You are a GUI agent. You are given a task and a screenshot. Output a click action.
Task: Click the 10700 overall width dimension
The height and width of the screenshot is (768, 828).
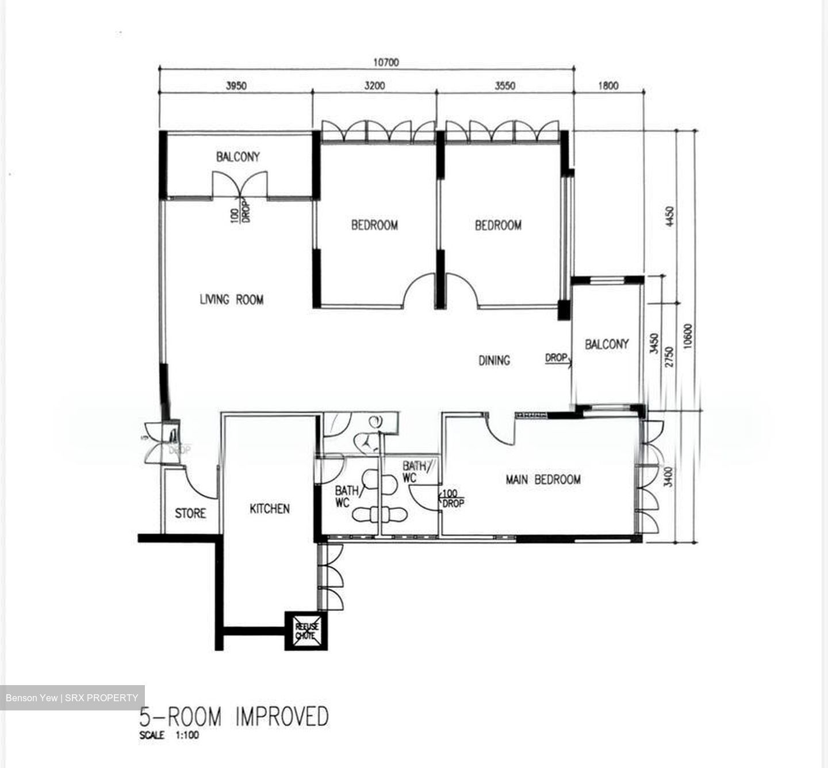(x=385, y=62)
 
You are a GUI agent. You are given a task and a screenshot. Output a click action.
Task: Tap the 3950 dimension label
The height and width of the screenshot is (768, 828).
(x=236, y=86)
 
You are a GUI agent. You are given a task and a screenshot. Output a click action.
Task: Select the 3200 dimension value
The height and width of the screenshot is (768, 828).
(x=374, y=86)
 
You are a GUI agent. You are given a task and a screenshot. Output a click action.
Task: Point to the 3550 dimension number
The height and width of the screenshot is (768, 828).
(x=505, y=86)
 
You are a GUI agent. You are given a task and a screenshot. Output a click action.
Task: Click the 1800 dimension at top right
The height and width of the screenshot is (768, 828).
(x=608, y=86)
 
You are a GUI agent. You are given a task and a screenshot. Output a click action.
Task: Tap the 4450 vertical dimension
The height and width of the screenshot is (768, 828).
(x=669, y=216)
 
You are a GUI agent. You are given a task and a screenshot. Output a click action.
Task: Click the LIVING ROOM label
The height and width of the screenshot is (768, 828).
(x=232, y=299)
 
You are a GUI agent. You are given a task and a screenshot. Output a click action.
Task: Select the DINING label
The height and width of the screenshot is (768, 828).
(x=494, y=360)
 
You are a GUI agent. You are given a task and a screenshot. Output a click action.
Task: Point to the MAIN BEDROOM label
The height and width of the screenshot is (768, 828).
(x=543, y=480)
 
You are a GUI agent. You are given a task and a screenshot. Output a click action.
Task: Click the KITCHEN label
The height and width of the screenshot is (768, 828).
(x=269, y=509)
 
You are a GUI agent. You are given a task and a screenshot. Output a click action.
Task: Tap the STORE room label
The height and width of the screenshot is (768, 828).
(x=190, y=513)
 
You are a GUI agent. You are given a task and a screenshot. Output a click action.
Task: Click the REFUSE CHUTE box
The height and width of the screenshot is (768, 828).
(x=306, y=631)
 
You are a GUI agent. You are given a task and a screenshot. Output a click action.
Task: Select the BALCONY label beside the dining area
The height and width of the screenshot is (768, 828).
(x=607, y=344)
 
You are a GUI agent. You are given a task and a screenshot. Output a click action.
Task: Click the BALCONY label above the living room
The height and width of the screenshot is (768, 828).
(x=237, y=157)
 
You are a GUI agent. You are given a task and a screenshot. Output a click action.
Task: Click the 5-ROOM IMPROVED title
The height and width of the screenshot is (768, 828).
(x=234, y=717)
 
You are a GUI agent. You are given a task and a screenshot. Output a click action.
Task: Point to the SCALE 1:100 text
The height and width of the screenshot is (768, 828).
(x=169, y=735)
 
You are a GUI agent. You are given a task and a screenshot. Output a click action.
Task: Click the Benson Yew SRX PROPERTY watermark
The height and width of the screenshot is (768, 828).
(x=72, y=698)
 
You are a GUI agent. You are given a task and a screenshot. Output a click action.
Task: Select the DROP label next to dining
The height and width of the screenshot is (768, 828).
(x=555, y=358)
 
